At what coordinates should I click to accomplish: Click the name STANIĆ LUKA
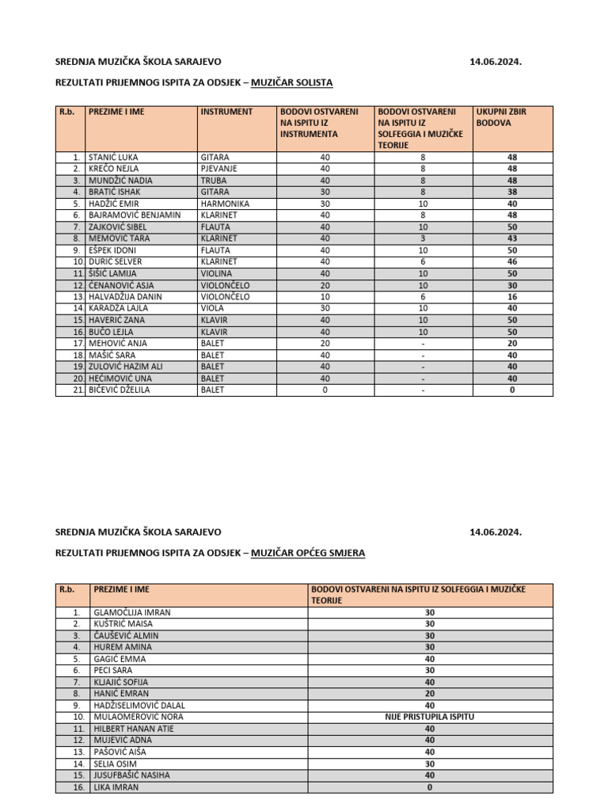[x=112, y=158]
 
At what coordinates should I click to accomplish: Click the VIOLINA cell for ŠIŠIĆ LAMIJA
[x=216, y=273]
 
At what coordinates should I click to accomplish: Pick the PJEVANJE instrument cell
[x=221, y=169]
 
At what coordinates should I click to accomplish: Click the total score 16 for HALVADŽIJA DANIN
[x=512, y=296]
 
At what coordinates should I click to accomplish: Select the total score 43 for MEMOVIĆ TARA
[x=512, y=238]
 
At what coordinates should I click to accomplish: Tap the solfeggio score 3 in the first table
[x=423, y=238]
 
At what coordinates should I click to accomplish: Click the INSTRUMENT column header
[x=226, y=112]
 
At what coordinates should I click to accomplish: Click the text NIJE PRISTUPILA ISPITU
[x=431, y=716]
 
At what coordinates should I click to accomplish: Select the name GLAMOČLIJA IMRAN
[x=131, y=612]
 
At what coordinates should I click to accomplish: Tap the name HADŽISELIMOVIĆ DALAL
[x=139, y=704]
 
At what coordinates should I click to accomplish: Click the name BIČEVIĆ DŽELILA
[x=118, y=390]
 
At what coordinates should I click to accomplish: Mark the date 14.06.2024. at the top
[x=496, y=61]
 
